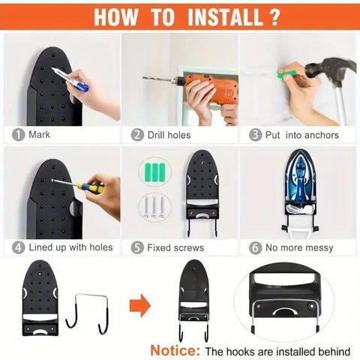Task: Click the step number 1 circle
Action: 18,135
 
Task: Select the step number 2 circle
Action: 137,135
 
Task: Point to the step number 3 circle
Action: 255,135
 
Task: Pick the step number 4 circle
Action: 18,247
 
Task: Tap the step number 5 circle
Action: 137,247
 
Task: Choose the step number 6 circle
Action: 255,247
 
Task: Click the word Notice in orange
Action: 175,350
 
